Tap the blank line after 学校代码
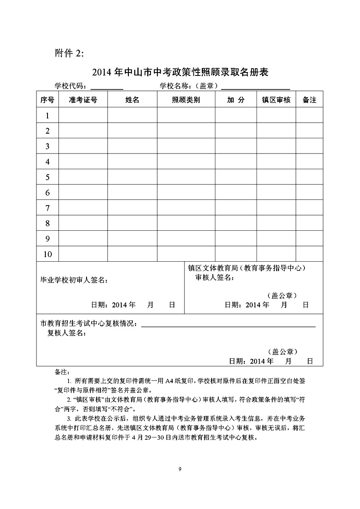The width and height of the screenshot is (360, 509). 107,87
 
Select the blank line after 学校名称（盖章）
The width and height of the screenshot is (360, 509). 256,87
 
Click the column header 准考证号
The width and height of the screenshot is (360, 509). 83,100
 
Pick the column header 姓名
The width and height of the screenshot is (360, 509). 132,100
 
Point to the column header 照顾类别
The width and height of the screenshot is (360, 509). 186,100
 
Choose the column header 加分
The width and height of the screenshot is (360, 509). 236,100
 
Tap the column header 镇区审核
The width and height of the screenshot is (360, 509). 276,100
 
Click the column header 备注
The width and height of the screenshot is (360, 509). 310,100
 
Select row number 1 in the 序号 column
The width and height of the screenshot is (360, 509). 47,115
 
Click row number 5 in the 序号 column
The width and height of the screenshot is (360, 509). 47,177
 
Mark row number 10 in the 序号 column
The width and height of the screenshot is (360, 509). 47,254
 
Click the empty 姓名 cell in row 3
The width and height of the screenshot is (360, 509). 132,146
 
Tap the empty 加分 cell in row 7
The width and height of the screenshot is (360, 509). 236,208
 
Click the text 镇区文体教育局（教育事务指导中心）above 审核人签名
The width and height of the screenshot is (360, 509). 247,268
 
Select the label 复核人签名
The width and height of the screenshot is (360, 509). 67,333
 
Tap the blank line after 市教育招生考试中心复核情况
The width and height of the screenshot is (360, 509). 228,325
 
